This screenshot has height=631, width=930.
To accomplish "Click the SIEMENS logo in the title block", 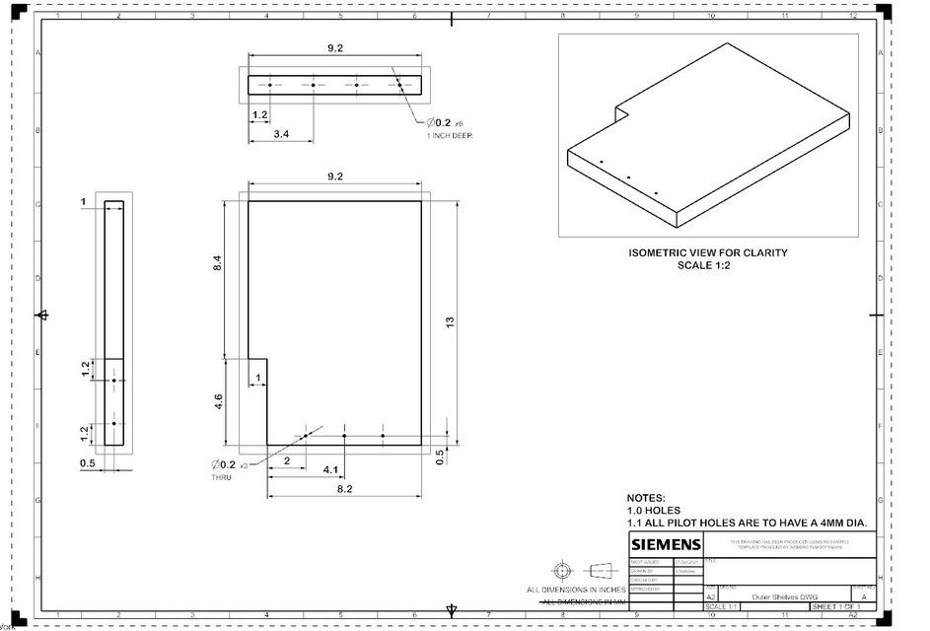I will click(x=667, y=545).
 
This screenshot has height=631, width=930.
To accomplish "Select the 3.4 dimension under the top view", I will click(x=281, y=133).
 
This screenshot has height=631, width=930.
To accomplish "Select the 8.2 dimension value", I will click(x=345, y=488).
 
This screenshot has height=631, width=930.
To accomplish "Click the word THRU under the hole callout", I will click(x=221, y=477).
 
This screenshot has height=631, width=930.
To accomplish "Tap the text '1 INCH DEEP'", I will click(x=450, y=136).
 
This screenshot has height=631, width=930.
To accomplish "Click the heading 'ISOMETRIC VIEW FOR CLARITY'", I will click(x=708, y=252).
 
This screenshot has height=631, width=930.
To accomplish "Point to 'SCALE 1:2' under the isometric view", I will click(x=708, y=265).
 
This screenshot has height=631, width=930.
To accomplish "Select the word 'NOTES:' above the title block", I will click(x=647, y=499).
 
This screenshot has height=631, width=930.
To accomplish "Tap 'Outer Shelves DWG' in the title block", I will click(x=785, y=596).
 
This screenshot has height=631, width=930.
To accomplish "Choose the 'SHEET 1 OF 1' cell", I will click(x=837, y=606).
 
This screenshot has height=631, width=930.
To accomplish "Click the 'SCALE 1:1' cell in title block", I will click(x=721, y=606).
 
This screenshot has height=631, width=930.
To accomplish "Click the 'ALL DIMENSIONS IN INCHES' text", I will click(x=577, y=590).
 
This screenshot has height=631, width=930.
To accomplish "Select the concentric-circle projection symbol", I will click(x=561, y=571).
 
